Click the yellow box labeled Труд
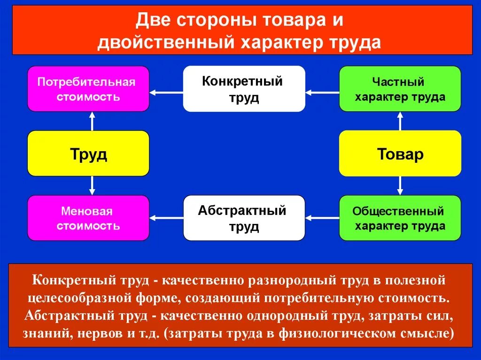tap(88, 153)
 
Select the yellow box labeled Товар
tap(400, 153)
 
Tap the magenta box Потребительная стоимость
tap(88, 89)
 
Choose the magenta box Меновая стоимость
tap(88, 218)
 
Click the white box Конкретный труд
tap(244, 89)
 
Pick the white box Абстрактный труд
tap(244, 218)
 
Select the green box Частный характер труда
tap(400, 89)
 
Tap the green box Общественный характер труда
tap(400, 218)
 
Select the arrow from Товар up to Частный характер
tap(400, 121)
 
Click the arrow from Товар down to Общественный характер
tap(400, 185)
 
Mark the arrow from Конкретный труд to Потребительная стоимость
tap(166, 93)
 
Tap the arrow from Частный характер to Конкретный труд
tap(322, 93)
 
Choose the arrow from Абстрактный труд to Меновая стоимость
tap(166, 218)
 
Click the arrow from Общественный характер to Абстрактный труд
tap(322, 218)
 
